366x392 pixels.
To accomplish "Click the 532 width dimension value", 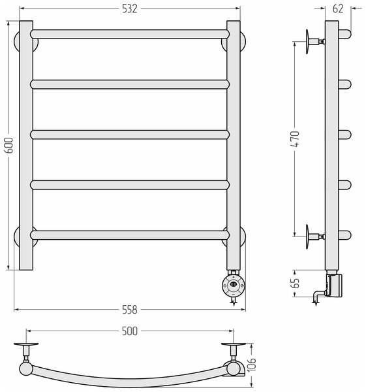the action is pyautogui.click(x=130, y=8).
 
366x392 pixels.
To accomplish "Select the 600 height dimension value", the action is pyautogui.click(x=8, y=145).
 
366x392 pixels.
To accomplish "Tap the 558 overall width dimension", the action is pyautogui.click(x=130, y=310).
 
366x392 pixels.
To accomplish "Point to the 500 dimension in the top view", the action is pyautogui.click(x=130, y=331).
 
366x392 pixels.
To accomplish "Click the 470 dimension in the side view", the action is pyautogui.click(x=296, y=139).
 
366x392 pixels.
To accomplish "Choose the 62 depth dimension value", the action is pyautogui.click(x=339, y=8).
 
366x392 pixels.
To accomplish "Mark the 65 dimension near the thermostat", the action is pyautogui.click(x=296, y=284).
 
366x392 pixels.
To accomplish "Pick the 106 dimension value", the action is pyautogui.click(x=252, y=365).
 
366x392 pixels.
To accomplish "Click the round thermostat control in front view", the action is pyautogui.click(x=234, y=286).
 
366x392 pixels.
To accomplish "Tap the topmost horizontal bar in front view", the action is pyautogui.click(x=130, y=34).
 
